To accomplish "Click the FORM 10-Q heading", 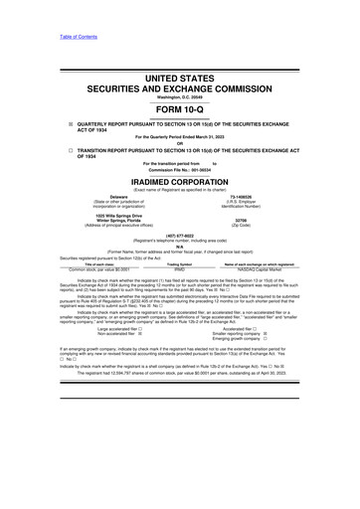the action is [x=179, y=112].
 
